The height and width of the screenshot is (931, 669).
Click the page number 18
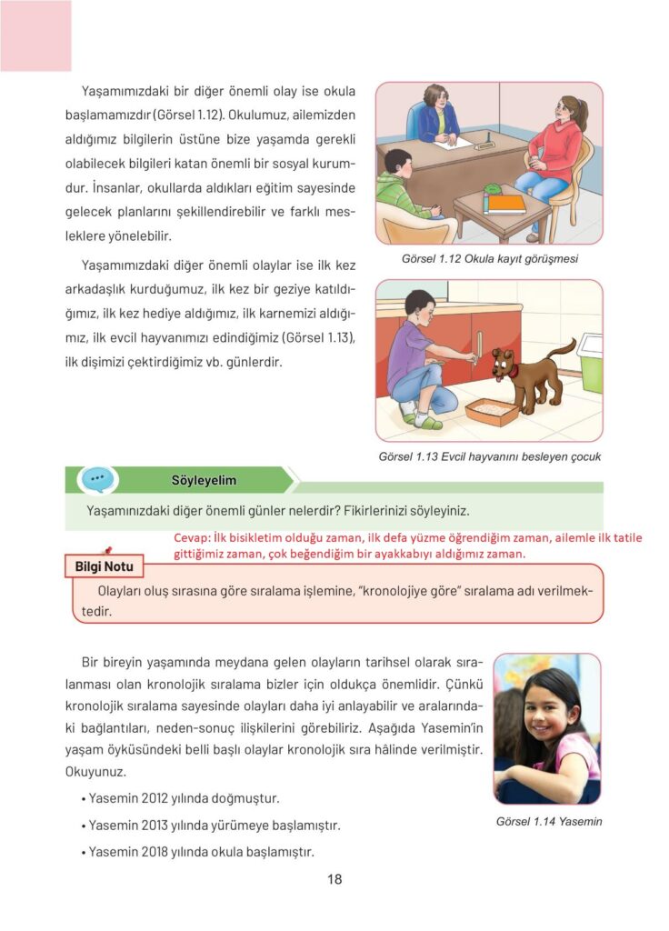coord(334,879)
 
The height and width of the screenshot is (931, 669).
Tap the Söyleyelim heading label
coord(204,480)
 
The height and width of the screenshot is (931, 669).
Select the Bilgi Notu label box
coord(104,566)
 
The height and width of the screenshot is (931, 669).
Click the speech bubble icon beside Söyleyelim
coord(96,479)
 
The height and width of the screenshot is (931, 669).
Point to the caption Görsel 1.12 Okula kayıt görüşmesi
coord(490,258)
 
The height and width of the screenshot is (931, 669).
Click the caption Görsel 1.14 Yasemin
coord(549,821)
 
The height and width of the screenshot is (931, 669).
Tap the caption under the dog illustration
coord(489,456)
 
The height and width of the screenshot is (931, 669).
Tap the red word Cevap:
coord(192,537)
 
